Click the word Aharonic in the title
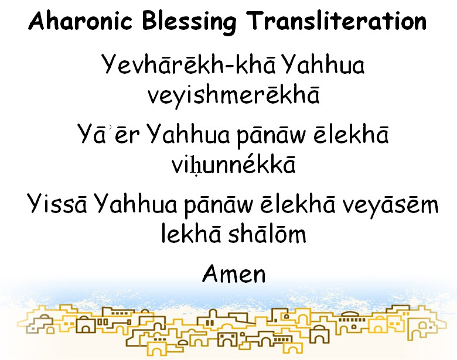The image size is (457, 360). pos(80,20)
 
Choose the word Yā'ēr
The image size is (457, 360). pos(108,134)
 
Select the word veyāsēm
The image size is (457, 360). pos(390,205)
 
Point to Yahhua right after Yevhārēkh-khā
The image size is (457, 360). pos(323,64)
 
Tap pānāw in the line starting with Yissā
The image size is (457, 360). pos(219,205)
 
